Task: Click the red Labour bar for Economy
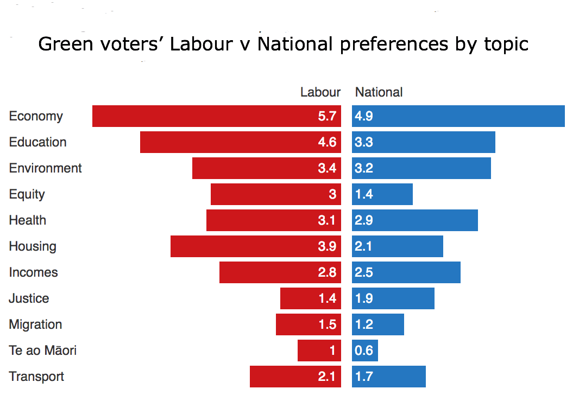(x=216, y=116)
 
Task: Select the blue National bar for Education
(x=424, y=142)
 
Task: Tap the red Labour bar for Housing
(x=255, y=246)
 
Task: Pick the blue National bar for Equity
(x=382, y=194)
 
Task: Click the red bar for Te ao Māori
(x=319, y=351)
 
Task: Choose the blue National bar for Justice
(x=393, y=298)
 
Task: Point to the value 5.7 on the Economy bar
(x=327, y=116)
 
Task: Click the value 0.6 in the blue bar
(x=364, y=351)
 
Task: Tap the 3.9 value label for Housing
(x=327, y=246)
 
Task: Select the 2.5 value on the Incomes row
(x=364, y=272)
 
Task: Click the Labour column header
(x=320, y=92)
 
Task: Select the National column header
(x=379, y=92)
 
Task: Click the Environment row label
(x=46, y=168)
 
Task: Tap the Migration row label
(x=35, y=324)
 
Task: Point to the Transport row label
(x=36, y=377)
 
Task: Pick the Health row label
(x=28, y=220)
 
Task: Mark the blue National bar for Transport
(x=389, y=377)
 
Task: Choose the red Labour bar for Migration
(x=309, y=324)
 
